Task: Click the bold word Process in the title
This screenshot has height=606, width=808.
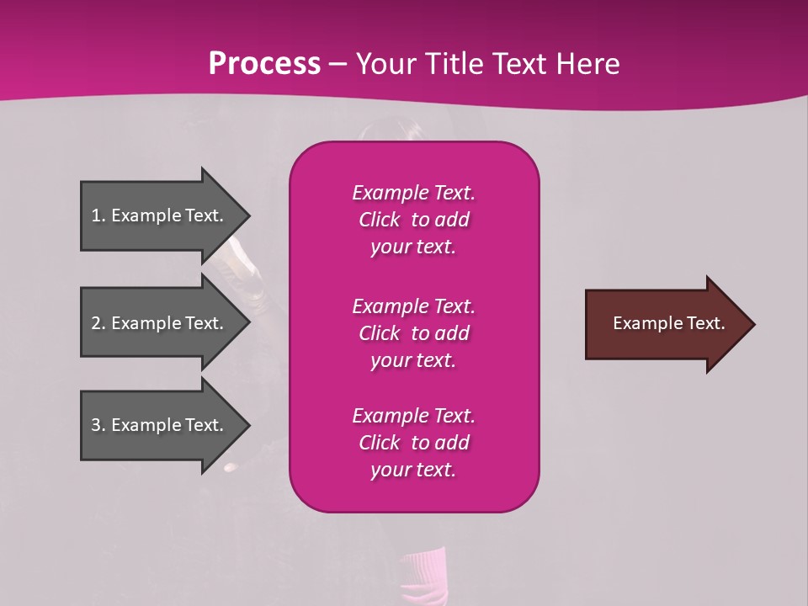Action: tap(264, 63)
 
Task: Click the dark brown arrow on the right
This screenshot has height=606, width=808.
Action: tap(665, 323)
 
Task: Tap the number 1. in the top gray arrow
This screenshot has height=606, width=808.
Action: tap(98, 215)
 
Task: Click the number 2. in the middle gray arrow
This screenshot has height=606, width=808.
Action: tap(98, 323)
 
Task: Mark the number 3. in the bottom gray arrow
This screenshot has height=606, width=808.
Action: tap(98, 425)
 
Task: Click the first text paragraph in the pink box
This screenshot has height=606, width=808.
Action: tap(413, 220)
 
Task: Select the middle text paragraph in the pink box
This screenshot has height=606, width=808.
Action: tap(413, 332)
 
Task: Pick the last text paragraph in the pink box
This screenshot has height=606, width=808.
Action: tap(413, 443)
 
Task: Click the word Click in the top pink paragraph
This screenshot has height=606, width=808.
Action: tap(380, 220)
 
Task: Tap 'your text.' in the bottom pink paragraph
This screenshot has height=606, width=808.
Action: tap(413, 470)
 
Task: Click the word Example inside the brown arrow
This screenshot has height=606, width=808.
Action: tap(644, 323)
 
